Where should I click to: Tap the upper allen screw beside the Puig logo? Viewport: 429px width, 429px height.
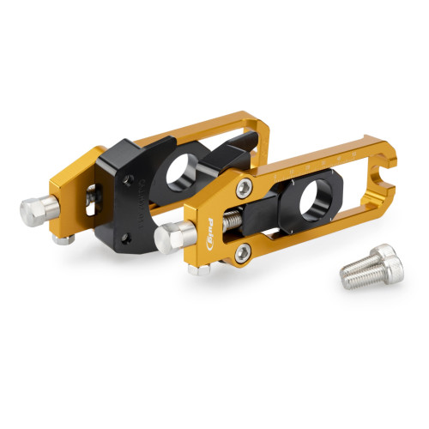click(x=246, y=190)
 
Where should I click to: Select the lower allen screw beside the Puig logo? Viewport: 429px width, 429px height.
click(x=245, y=251)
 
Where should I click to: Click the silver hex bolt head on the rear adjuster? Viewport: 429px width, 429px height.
click(x=37, y=209)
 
